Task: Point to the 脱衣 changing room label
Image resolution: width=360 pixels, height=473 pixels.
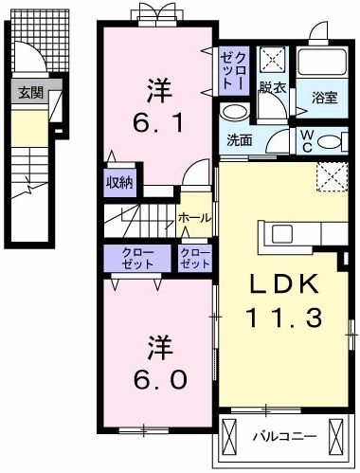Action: click(273, 86)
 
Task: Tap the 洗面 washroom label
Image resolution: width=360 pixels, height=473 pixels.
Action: click(240, 140)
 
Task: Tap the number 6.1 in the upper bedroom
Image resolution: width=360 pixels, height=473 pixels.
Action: click(157, 122)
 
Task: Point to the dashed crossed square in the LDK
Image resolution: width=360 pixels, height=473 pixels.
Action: click(331, 176)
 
